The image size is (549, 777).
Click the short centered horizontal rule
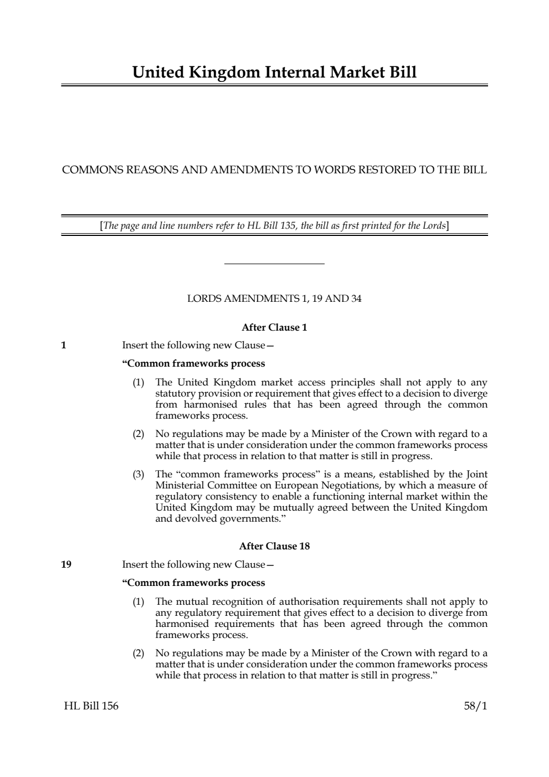click(x=274, y=264)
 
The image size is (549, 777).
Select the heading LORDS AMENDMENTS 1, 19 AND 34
click(x=274, y=299)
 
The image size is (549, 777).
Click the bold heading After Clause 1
click(x=274, y=327)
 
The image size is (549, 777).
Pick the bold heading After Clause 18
click(x=274, y=546)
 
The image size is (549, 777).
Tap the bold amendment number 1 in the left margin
click(x=64, y=346)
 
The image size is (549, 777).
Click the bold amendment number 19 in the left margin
click(x=66, y=565)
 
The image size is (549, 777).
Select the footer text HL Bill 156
click(x=91, y=706)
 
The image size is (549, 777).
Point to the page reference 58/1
click(x=475, y=706)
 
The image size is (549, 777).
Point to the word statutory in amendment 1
click(x=176, y=394)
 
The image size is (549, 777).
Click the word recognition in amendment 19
click(x=232, y=601)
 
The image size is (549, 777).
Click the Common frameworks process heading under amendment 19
click(x=193, y=583)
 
